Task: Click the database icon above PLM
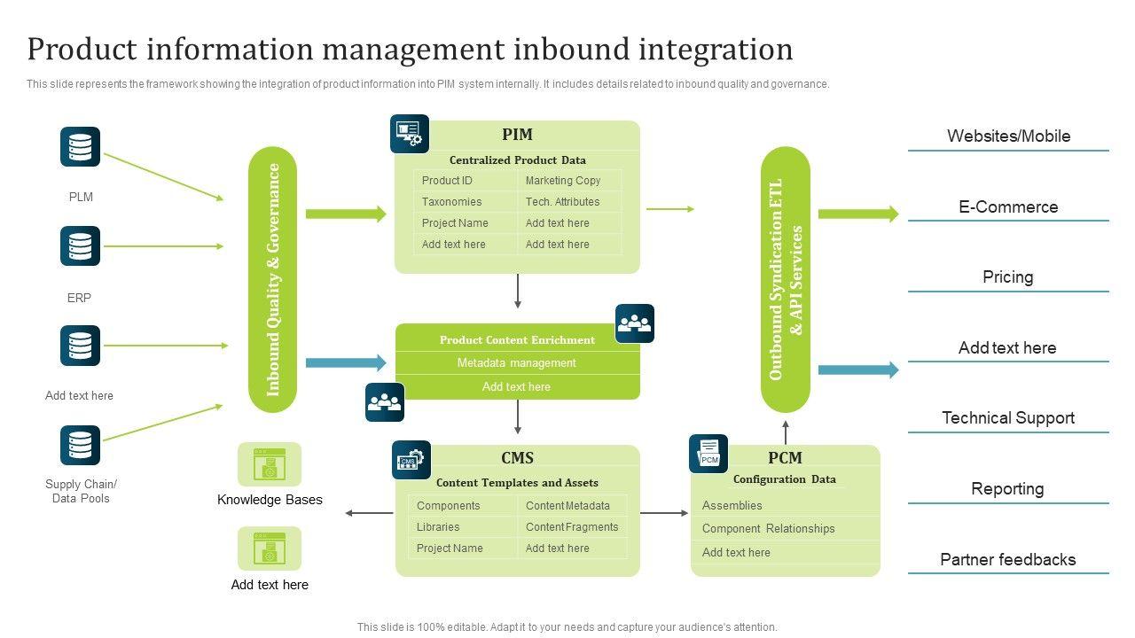pyautogui.click(x=80, y=147)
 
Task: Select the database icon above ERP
pyautogui.click(x=80, y=246)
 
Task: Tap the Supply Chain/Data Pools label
pyautogui.click(x=81, y=491)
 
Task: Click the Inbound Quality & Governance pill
pyautogui.click(x=273, y=279)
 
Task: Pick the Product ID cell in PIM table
pyautogui.click(x=447, y=181)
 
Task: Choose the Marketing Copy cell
pyautogui.click(x=563, y=181)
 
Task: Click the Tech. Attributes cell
pyautogui.click(x=562, y=202)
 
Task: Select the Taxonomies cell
pyautogui.click(x=451, y=202)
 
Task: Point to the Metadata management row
pyautogui.click(x=517, y=363)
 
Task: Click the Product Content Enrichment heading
pyautogui.click(x=517, y=340)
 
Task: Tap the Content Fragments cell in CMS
pyautogui.click(x=572, y=527)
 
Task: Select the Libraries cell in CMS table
pyautogui.click(x=438, y=527)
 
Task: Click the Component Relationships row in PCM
pyautogui.click(x=769, y=529)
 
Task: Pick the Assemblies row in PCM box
pyautogui.click(x=732, y=506)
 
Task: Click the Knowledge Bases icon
pyautogui.click(x=270, y=464)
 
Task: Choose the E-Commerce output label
pyautogui.click(x=1008, y=207)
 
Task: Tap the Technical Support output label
pyautogui.click(x=1008, y=418)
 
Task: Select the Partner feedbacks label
pyautogui.click(x=1008, y=560)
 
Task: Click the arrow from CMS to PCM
pyautogui.click(x=664, y=513)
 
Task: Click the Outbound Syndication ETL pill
pyautogui.click(x=786, y=279)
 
